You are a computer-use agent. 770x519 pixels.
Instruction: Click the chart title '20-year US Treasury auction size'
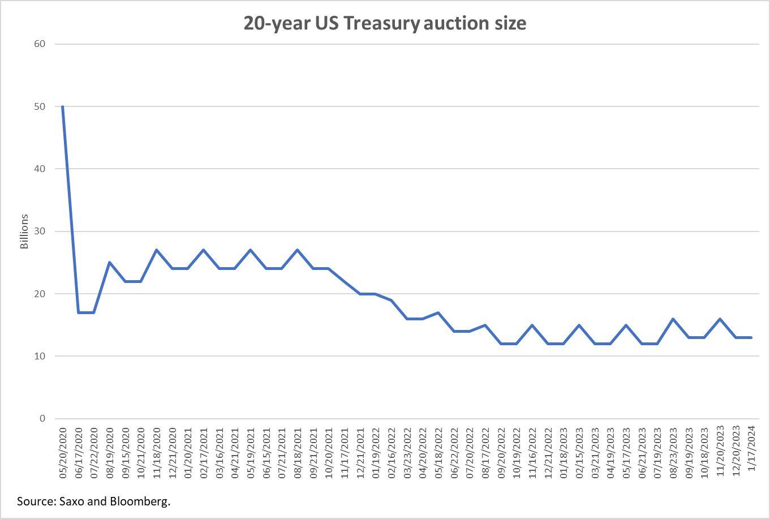(x=385, y=23)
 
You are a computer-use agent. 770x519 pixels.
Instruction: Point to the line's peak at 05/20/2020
(x=62, y=106)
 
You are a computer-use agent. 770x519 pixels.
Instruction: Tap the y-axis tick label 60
(x=42, y=44)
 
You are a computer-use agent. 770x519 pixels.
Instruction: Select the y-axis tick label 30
(x=42, y=231)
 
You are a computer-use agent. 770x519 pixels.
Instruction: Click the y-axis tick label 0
(x=42, y=419)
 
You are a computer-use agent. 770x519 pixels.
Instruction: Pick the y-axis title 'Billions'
(x=24, y=231)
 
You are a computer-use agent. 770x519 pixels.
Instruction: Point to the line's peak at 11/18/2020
(x=156, y=250)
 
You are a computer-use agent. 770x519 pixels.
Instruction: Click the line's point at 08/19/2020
(x=109, y=263)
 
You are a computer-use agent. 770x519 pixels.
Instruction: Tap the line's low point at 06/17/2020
(x=78, y=312)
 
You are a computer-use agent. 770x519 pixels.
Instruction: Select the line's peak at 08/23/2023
(x=673, y=319)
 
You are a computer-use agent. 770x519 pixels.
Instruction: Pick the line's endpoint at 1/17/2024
(x=751, y=337)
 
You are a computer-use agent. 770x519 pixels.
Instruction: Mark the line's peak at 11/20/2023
(x=720, y=319)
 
